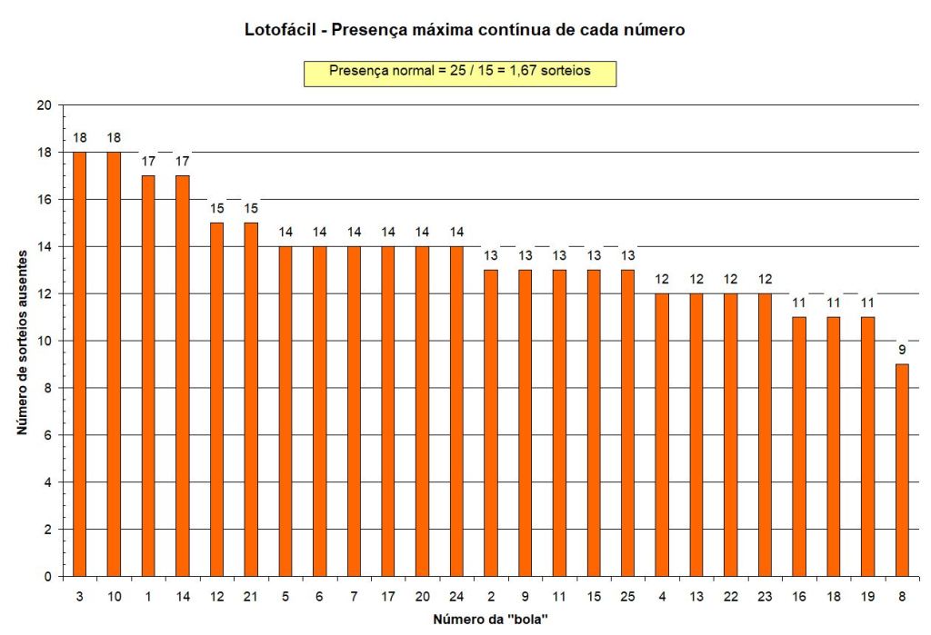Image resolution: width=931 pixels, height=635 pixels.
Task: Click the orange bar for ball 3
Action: click(79, 363)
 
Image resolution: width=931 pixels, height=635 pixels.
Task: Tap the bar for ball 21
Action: click(251, 399)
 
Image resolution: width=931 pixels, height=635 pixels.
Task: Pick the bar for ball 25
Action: click(627, 422)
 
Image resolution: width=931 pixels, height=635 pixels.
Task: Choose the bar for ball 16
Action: click(799, 446)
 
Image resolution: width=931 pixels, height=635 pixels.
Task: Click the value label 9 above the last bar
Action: click(902, 350)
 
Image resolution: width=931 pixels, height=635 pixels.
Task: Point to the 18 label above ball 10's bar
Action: click(114, 137)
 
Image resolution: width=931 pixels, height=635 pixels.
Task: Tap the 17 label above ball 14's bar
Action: click(182, 161)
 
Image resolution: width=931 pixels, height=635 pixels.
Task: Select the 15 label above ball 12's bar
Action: click(216, 208)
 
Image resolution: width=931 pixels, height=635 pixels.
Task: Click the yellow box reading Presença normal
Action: click(459, 73)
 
